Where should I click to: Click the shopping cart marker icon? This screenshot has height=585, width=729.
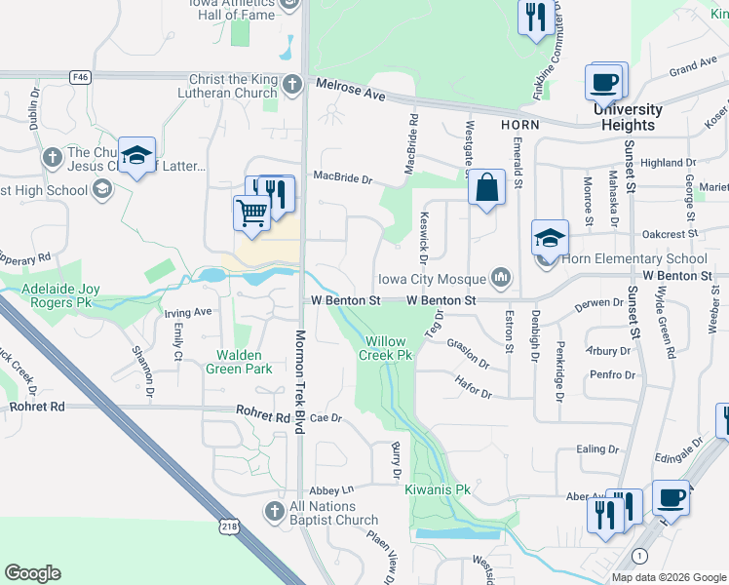(x=252, y=213)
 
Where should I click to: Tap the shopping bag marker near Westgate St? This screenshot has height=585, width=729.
(x=486, y=187)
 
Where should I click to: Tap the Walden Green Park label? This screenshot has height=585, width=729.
(x=239, y=363)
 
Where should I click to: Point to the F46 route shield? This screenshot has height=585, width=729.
(x=80, y=75)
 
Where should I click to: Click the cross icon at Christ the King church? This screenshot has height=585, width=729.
(x=291, y=83)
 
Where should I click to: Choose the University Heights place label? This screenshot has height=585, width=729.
(x=629, y=118)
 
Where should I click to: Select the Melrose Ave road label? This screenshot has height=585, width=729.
(x=349, y=91)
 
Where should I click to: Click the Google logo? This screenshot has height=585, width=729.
(x=32, y=573)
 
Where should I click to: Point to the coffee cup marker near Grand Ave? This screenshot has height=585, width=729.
(x=604, y=81)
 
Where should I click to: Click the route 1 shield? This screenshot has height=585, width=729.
(x=638, y=555)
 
